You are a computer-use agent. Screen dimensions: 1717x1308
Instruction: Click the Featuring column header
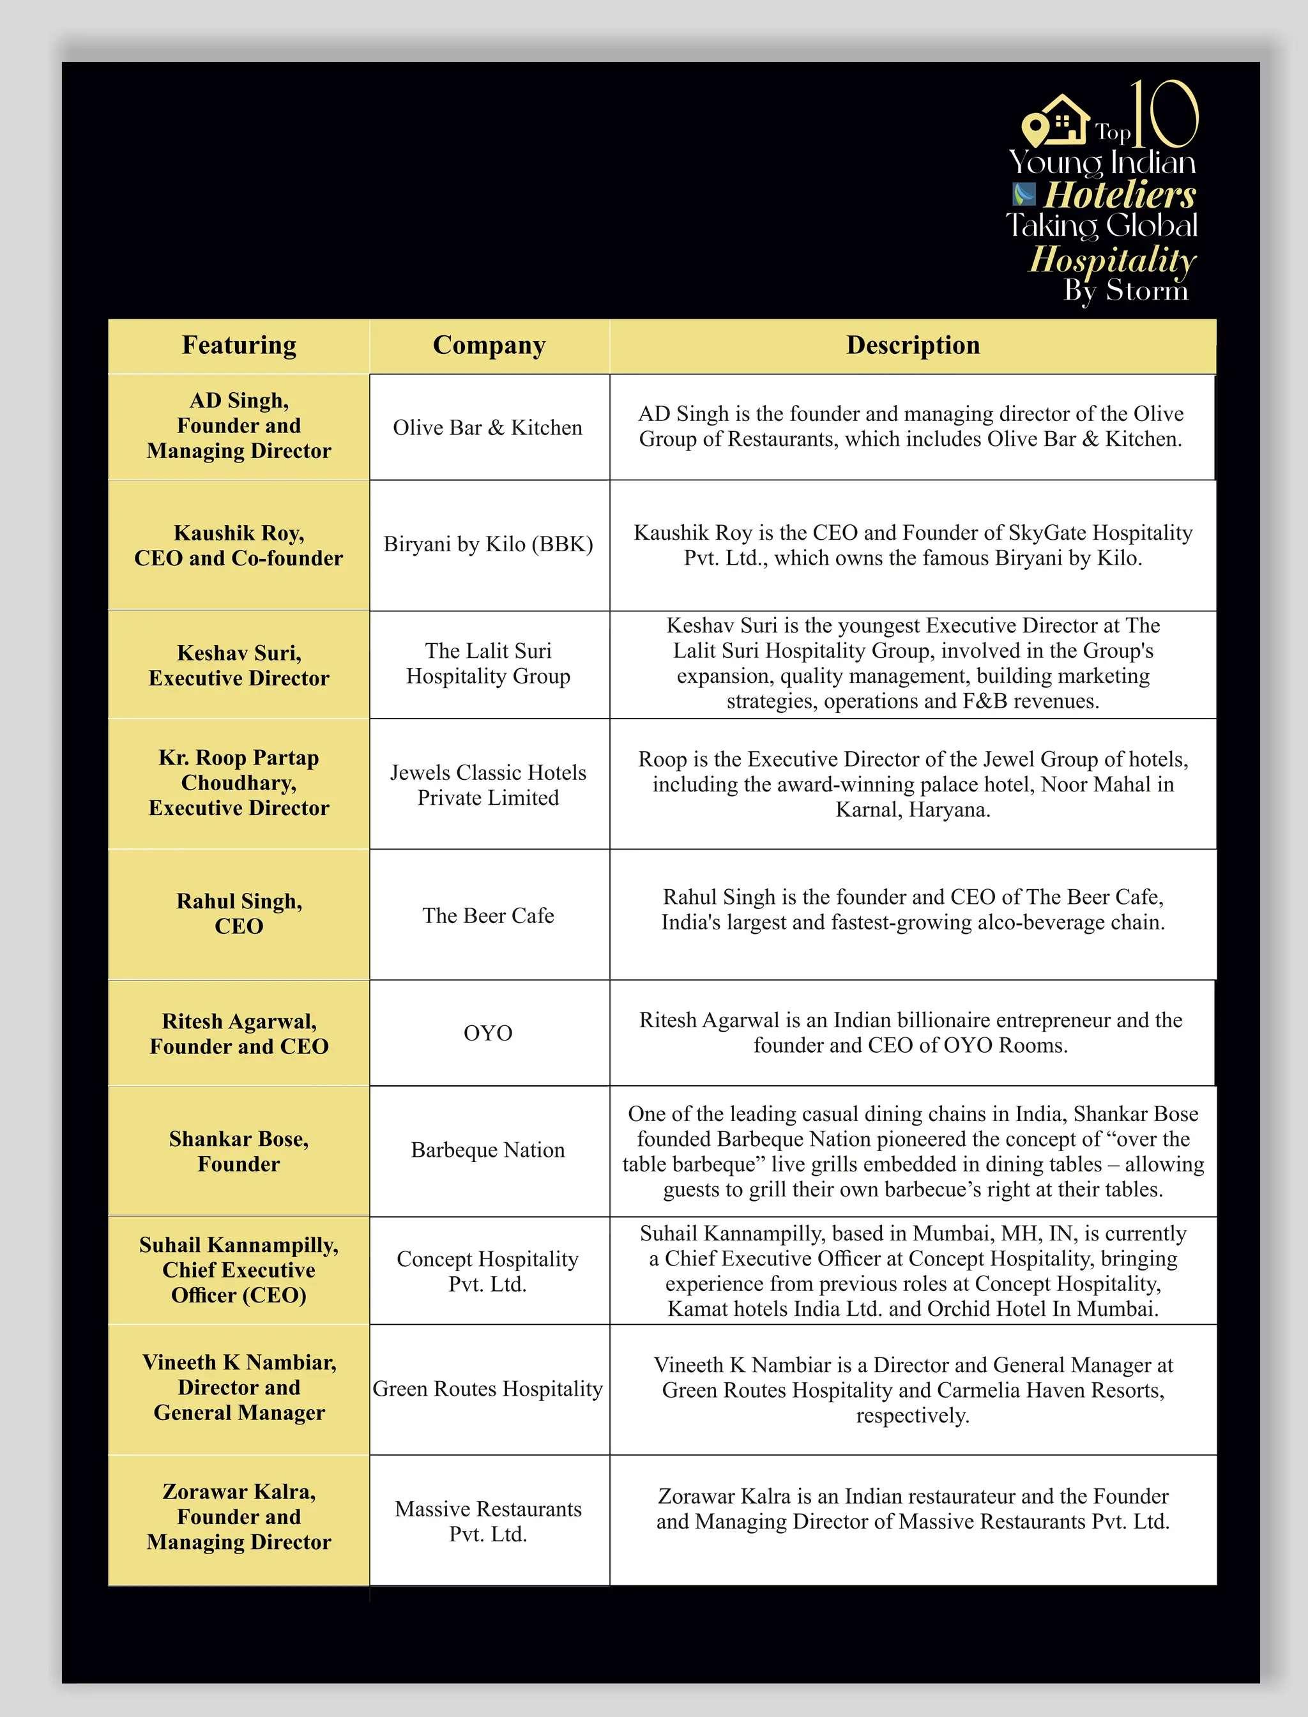(x=239, y=345)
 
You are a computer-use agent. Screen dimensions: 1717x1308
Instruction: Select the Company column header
(x=489, y=345)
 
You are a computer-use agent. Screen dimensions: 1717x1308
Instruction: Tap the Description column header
(x=913, y=345)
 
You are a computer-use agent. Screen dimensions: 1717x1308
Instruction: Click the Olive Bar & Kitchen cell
(x=487, y=427)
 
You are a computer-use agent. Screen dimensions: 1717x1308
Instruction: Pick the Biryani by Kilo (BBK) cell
(x=488, y=544)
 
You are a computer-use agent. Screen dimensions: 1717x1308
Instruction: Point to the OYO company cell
(x=488, y=1034)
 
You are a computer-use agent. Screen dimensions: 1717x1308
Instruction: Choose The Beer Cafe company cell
(x=488, y=916)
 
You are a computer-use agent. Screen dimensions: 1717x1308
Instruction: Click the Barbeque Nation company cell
(x=488, y=1150)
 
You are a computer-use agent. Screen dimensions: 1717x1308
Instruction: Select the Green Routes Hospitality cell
(x=488, y=1389)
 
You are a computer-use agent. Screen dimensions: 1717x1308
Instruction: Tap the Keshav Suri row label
(x=239, y=665)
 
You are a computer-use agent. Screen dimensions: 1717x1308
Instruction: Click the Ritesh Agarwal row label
(x=239, y=1034)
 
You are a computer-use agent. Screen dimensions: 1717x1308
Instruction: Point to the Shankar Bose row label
(x=239, y=1151)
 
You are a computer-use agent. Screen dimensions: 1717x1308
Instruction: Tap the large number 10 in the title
(x=1164, y=114)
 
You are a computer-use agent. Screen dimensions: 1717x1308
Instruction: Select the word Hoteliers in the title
(x=1120, y=195)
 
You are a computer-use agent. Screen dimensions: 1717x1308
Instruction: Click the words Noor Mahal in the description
(x=1095, y=784)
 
